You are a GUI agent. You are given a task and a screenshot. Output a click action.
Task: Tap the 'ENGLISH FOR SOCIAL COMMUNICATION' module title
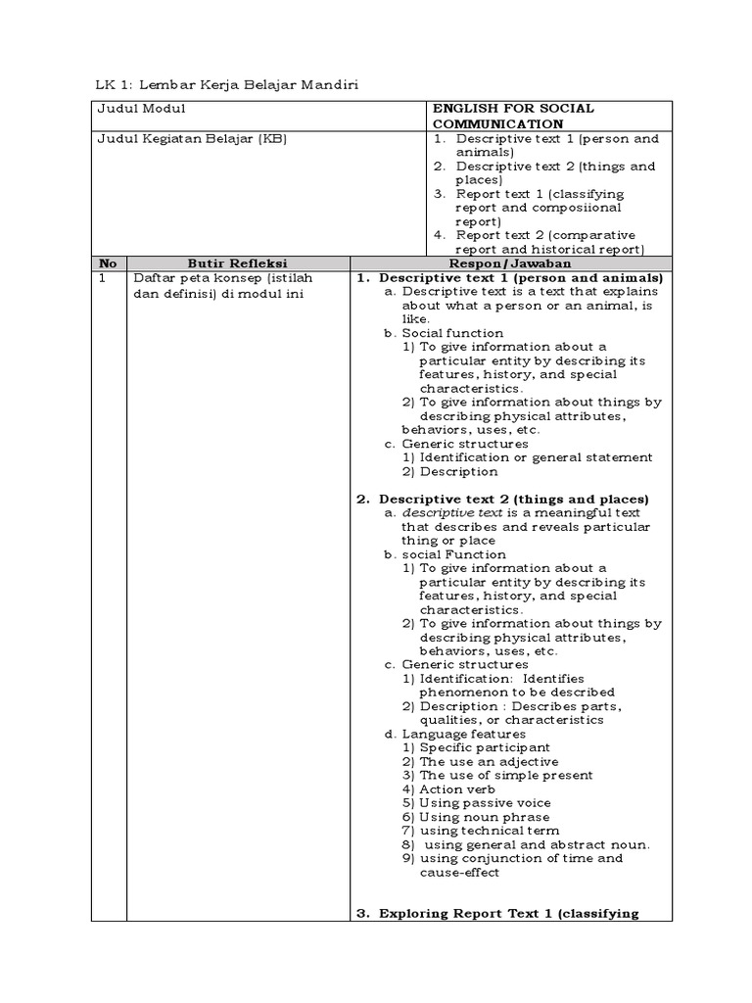(x=513, y=116)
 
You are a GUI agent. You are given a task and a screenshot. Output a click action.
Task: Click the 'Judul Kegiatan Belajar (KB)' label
(x=191, y=138)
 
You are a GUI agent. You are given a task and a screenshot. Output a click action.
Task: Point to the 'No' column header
(x=108, y=263)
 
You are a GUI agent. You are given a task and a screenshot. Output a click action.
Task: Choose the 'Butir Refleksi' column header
(x=238, y=263)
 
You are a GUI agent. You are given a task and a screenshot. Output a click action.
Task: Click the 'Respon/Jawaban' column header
(x=511, y=263)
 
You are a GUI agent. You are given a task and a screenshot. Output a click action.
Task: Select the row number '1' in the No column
(x=101, y=278)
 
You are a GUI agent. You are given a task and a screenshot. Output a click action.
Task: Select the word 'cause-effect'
(x=459, y=872)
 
